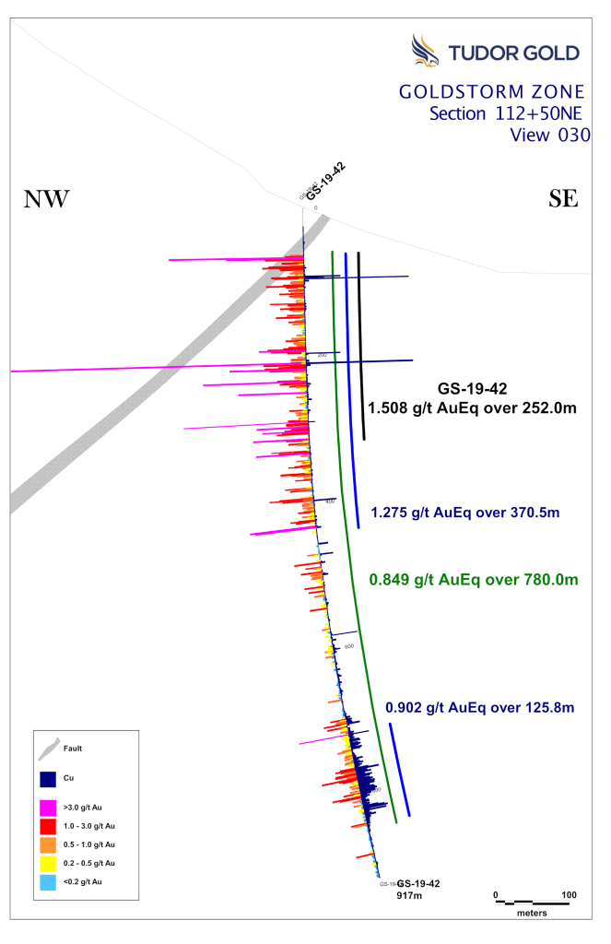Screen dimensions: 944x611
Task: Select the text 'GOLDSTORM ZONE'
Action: tap(491, 92)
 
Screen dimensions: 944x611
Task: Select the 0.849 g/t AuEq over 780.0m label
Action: tap(473, 580)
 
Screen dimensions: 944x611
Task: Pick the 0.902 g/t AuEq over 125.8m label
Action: tap(479, 708)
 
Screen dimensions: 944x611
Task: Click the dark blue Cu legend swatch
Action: tap(50, 779)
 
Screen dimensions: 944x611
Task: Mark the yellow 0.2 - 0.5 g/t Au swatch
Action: tap(50, 864)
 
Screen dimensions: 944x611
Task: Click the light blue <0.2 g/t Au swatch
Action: tap(50, 882)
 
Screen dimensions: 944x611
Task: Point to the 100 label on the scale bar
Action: tap(569, 894)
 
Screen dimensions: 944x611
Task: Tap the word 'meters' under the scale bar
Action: tap(532, 913)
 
